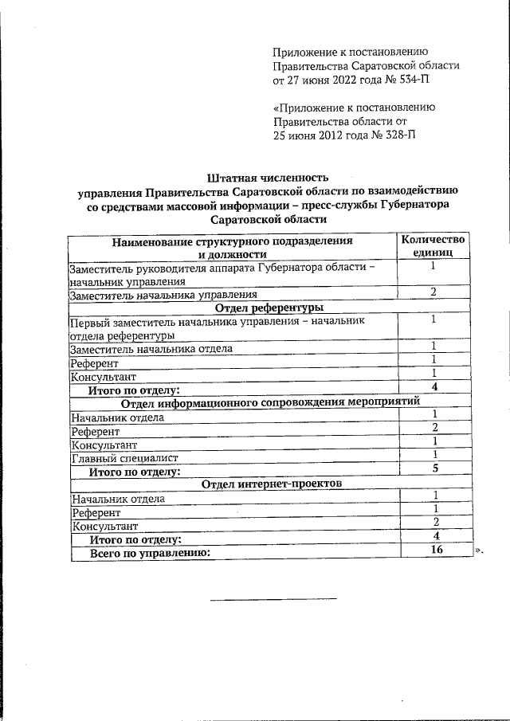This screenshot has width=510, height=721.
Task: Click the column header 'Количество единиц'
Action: tap(432, 245)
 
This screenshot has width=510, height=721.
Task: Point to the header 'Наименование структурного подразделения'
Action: tap(232, 240)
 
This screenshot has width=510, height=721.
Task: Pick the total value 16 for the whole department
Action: tap(434, 550)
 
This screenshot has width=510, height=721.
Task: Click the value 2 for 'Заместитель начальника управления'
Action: tap(433, 292)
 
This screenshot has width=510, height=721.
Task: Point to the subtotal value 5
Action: tap(435, 468)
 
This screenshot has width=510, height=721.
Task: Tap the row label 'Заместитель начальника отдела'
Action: tap(151, 348)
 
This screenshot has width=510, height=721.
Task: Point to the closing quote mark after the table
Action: tap(479, 551)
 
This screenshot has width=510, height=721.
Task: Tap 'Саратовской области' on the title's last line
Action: tap(268, 219)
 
